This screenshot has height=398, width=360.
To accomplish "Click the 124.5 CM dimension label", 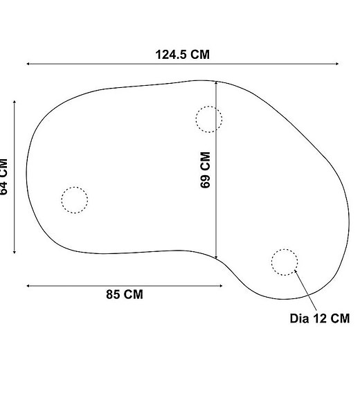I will [x=182, y=55].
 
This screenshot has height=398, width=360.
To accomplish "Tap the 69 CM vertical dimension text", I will [x=205, y=170].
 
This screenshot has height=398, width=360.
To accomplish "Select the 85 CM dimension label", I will [x=125, y=294].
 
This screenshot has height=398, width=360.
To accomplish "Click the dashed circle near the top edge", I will [x=208, y=119].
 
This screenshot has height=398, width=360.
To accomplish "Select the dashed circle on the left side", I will [x=75, y=200].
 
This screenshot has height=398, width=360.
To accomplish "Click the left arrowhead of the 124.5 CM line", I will [x=28, y=64].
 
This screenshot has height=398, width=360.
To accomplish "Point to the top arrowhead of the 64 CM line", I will [x=15, y=101].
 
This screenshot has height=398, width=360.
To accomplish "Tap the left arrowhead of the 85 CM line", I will [x=28, y=284].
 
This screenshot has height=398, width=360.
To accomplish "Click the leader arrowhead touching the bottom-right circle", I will [x=296, y=271].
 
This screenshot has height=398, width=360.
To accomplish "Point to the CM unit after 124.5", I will [x=199, y=55].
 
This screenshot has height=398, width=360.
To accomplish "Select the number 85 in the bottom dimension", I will [x=113, y=294].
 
